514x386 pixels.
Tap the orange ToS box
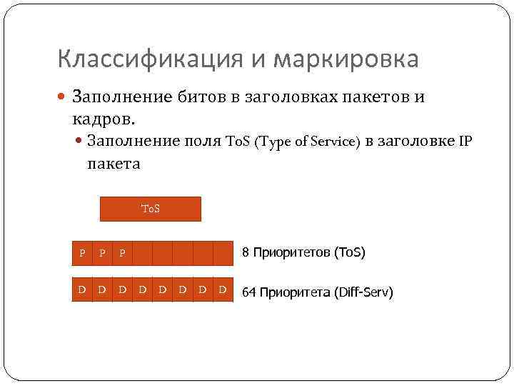pyautogui.click(x=151, y=209)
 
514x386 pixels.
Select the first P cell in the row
pyautogui.click(x=83, y=253)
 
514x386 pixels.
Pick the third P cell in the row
pyautogui.click(x=123, y=253)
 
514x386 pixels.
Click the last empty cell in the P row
pyautogui.click(x=223, y=253)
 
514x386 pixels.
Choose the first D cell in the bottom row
pyautogui.click(x=83, y=289)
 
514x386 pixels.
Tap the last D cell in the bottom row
pyautogui.click(x=223, y=289)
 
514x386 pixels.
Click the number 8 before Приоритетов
pyautogui.click(x=246, y=252)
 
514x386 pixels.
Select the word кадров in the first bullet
pyautogui.click(x=104, y=117)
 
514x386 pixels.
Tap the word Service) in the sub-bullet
pyautogui.click(x=334, y=142)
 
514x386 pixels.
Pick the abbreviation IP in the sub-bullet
pyautogui.click(x=465, y=142)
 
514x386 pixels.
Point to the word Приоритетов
pyautogui.click(x=293, y=252)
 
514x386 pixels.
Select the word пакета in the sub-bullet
pyautogui.click(x=114, y=164)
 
